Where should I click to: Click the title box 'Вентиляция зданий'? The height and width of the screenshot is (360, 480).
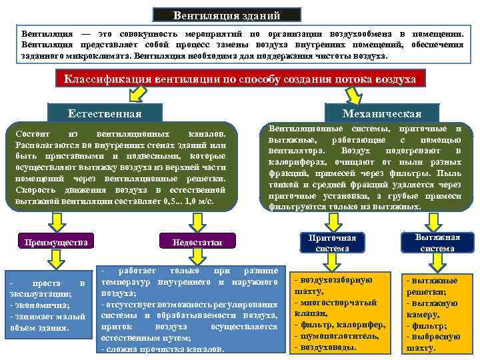[227, 15]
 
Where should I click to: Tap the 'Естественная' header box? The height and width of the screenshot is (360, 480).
[105, 113]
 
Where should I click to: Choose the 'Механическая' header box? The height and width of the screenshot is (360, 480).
[381, 113]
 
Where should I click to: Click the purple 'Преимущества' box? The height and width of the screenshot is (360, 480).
[56, 241]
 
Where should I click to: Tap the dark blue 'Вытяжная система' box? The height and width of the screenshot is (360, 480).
[437, 243]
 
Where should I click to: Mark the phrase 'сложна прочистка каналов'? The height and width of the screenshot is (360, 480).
[161, 350]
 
